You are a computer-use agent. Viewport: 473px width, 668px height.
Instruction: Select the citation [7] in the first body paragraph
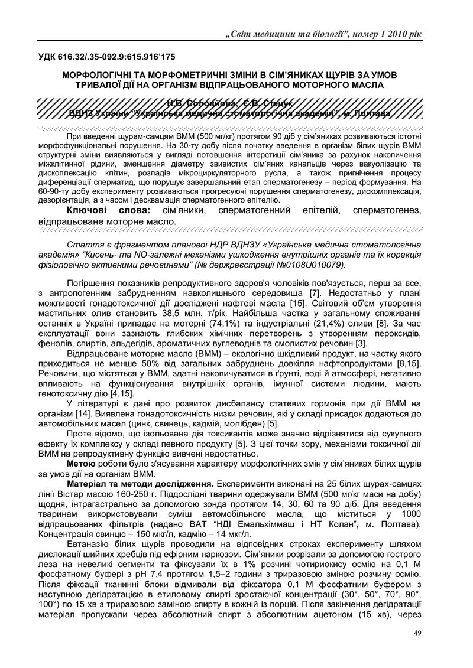point(316,294)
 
